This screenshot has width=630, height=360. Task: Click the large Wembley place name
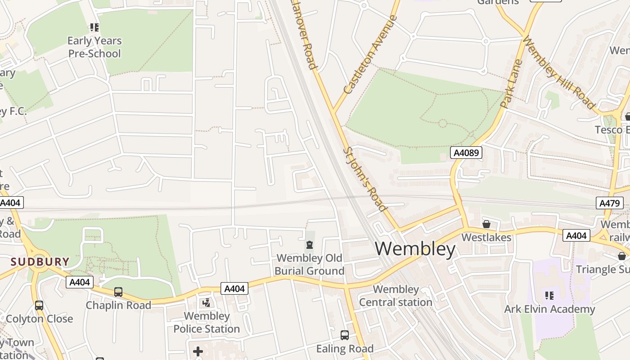(x=415, y=249)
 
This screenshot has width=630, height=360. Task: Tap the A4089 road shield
(x=466, y=153)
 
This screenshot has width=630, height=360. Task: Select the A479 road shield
(x=610, y=203)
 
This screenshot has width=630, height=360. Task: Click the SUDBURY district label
(x=40, y=261)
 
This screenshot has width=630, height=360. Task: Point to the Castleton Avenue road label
(x=370, y=54)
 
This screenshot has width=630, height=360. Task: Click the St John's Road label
(x=365, y=179)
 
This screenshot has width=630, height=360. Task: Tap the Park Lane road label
(x=511, y=84)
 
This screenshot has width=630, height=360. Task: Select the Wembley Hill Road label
(x=559, y=73)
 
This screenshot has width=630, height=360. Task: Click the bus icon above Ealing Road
(x=344, y=335)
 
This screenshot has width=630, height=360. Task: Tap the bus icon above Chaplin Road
(x=118, y=292)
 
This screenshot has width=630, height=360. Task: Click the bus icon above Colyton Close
(x=39, y=306)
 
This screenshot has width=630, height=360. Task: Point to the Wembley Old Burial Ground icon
(x=310, y=245)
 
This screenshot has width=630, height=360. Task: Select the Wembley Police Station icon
(x=207, y=303)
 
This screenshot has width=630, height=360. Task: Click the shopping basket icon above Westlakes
(x=486, y=224)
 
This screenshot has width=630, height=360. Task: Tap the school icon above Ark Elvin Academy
(x=549, y=296)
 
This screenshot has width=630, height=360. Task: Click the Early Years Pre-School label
(x=94, y=47)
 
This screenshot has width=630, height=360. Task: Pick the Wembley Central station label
(x=396, y=296)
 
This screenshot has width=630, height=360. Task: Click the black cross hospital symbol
(x=198, y=351)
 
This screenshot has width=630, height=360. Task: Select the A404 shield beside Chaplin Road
(x=80, y=282)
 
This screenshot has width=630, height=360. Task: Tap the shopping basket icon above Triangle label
(x=621, y=256)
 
